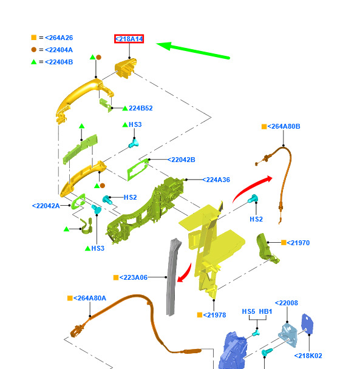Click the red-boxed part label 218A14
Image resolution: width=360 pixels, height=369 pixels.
(x=129, y=39)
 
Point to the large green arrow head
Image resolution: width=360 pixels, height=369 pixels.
(x=164, y=46)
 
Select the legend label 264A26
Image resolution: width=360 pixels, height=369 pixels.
(x=59, y=38)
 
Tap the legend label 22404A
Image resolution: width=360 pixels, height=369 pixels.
(x=59, y=50)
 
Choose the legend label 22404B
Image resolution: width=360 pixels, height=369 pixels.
(x=59, y=62)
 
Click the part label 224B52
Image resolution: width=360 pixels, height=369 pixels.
(x=141, y=108)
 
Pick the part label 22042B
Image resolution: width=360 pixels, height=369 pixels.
(x=182, y=160)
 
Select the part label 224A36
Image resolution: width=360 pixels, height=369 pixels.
(x=216, y=180)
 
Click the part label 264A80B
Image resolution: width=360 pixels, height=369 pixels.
(x=284, y=126)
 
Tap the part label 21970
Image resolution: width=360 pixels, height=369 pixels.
(x=298, y=243)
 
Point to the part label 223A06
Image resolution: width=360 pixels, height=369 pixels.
(x=134, y=277)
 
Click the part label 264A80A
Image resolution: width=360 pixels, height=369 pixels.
(x=90, y=298)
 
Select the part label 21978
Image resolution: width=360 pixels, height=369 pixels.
(x=214, y=315)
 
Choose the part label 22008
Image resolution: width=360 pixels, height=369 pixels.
(x=287, y=303)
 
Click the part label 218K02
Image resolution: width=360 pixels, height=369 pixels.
(x=308, y=356)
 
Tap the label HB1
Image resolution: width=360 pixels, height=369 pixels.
(x=265, y=311)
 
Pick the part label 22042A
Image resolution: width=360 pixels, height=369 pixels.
(x=46, y=206)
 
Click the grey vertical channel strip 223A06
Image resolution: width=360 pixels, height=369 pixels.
(x=173, y=277)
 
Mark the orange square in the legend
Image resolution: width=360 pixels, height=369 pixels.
(x=34, y=38)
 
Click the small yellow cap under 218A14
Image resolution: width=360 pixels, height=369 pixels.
(x=126, y=68)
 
